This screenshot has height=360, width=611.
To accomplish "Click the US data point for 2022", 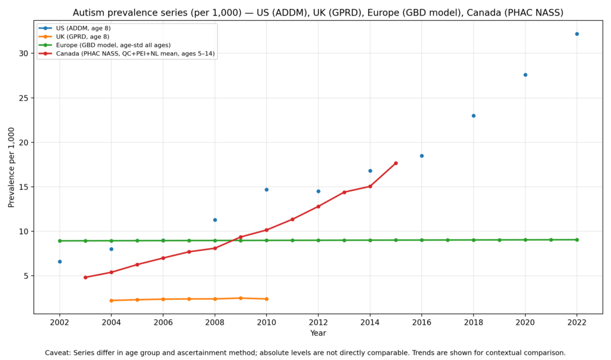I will [577, 34].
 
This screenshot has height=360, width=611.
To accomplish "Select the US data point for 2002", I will [60, 261].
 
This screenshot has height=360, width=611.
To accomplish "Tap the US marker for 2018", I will [473, 116].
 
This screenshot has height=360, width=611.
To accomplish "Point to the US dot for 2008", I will [215, 220].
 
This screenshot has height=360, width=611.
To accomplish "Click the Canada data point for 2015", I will [396, 163].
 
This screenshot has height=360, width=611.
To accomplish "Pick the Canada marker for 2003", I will [85, 277].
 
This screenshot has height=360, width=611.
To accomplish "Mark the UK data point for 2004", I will [112, 300].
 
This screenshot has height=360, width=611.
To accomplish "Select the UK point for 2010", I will [266, 299].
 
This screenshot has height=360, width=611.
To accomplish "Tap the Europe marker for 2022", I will [577, 240].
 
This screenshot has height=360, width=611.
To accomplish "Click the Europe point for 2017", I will [448, 240].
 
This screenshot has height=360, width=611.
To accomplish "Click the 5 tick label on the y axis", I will [26, 276].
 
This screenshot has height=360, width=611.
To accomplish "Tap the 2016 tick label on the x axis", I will [422, 322].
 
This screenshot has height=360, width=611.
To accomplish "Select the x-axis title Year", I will [318, 333].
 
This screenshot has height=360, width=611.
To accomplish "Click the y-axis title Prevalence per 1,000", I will [12, 167].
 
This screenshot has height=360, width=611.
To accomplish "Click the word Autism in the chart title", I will [88, 13].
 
